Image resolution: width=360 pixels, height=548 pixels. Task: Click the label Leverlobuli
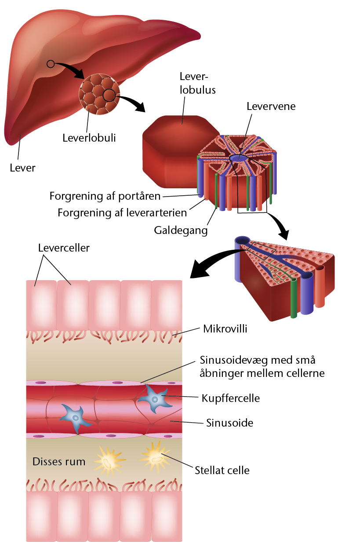pyautogui.click(x=89, y=138)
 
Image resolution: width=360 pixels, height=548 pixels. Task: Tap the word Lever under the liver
pyautogui.click(x=22, y=168)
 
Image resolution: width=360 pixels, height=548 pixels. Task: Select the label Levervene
pyautogui.click(x=271, y=106)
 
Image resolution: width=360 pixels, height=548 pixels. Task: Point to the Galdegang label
pyautogui.click(x=181, y=230)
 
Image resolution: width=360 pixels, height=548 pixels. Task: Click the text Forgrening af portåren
pyautogui.click(x=105, y=196)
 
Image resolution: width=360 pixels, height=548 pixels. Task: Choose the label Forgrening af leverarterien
pyautogui.click(x=122, y=213)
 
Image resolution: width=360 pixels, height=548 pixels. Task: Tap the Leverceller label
pyautogui.click(x=64, y=248)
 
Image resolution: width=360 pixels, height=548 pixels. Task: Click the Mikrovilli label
pyautogui.click(x=225, y=329)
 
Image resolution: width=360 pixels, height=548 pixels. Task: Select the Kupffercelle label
pyautogui.click(x=231, y=398)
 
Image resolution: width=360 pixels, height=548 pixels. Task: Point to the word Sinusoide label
pyautogui.click(x=229, y=423)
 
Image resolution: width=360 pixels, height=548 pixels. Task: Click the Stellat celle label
pyautogui.click(x=222, y=471)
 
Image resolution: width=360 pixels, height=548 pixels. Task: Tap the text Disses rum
pyautogui.click(x=59, y=462)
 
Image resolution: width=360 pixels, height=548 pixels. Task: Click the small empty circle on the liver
pyautogui.click(x=51, y=64)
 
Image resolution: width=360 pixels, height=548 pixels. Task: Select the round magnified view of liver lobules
pyautogui.click(x=99, y=94)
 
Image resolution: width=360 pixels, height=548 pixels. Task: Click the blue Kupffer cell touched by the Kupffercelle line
pyautogui.click(x=155, y=399)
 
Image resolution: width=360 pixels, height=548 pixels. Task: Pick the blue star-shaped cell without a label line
pyautogui.click(x=76, y=418)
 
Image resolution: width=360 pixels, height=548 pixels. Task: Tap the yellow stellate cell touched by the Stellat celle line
pyautogui.click(x=156, y=457)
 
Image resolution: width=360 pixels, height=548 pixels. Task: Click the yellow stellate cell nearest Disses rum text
pyautogui.click(x=109, y=461)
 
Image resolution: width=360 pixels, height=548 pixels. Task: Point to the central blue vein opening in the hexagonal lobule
pyautogui.click(x=238, y=158)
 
